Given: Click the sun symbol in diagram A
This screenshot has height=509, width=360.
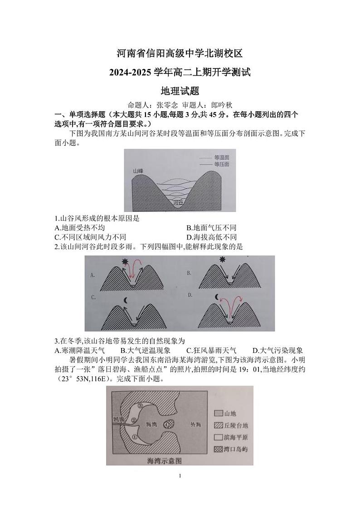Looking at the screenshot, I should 126,262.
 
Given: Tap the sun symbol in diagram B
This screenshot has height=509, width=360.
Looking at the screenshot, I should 222,259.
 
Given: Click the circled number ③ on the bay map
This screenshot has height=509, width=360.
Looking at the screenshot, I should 141,406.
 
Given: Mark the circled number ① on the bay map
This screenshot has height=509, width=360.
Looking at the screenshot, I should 135,436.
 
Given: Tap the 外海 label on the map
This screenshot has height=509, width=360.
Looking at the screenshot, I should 196,424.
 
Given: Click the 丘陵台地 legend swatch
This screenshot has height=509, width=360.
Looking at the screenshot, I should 218,426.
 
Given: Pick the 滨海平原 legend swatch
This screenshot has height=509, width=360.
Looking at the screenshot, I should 218,437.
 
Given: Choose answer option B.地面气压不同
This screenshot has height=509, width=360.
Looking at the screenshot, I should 211,228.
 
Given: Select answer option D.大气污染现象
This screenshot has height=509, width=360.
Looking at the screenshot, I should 278,350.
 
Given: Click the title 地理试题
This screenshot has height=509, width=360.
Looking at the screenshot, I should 180,91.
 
